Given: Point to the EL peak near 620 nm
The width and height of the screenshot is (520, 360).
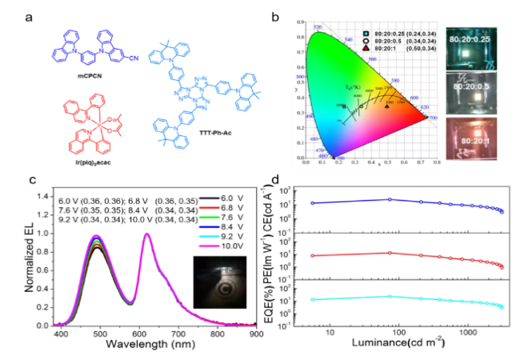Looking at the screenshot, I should pyautogui.click(x=147, y=234).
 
